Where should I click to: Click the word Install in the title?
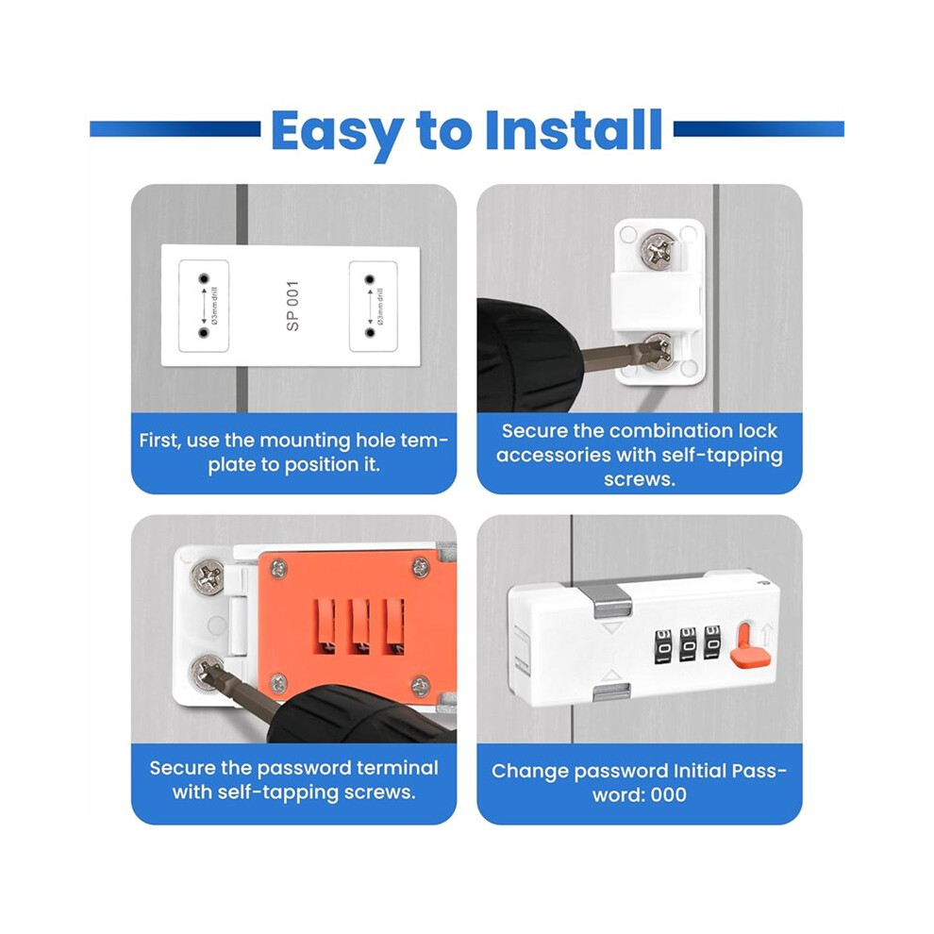click(x=574, y=129)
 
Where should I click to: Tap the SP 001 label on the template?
click(x=292, y=306)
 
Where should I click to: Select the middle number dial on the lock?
click(x=688, y=644)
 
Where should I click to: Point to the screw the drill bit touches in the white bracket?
click(x=659, y=351)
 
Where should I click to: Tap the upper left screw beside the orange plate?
click(x=208, y=577)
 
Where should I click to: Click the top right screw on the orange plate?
click(x=421, y=567)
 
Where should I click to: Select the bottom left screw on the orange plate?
click(x=278, y=684)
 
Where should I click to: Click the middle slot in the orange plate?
click(x=359, y=627)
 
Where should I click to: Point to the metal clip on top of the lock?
click(x=613, y=601)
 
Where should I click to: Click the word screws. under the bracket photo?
click(x=640, y=479)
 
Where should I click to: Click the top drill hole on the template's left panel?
click(x=205, y=278)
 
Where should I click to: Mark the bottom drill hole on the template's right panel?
click(x=369, y=332)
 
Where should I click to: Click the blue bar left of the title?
click(x=175, y=129)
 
